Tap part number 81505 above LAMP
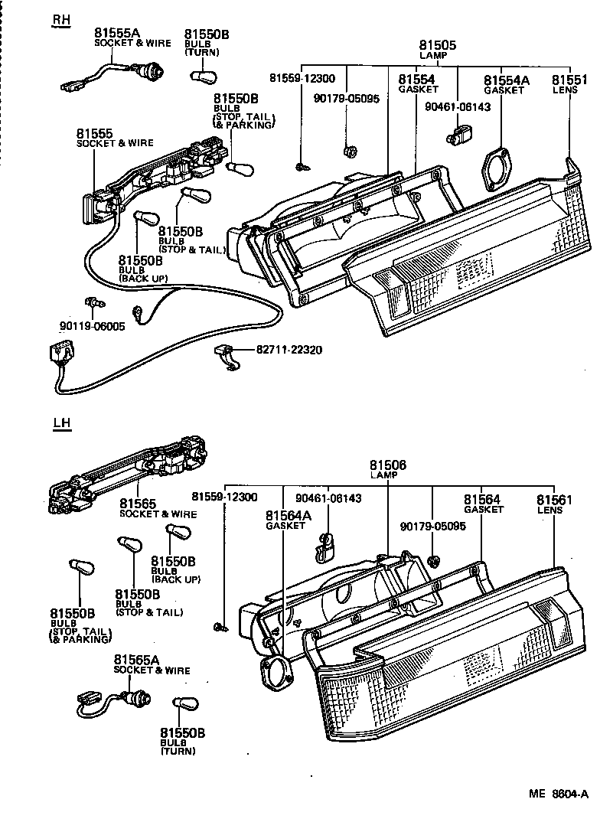pyautogui.click(x=438, y=46)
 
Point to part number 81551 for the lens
pyautogui.click(x=570, y=80)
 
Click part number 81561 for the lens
pyautogui.click(x=554, y=500)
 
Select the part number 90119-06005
pyautogui.click(x=91, y=325)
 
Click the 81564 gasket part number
pyautogui.click(x=482, y=500)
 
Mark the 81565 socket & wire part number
pyautogui.click(x=138, y=504)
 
